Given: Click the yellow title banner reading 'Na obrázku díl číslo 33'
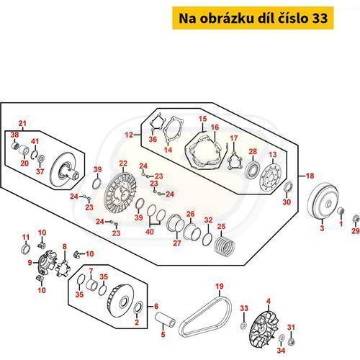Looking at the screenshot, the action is click(253, 18).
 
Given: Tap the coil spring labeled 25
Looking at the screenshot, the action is click(224, 246).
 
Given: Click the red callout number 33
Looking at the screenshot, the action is click(244, 308).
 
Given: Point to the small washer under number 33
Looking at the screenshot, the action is click(243, 325).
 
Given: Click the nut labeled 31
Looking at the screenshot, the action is click(291, 342).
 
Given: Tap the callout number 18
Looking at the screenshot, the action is click(310, 176).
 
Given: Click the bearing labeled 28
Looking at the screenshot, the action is click(252, 170).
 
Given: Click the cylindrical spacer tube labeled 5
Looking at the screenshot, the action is click(165, 318).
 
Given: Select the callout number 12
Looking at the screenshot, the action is click(129, 135).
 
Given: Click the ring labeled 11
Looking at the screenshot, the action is click(26, 250).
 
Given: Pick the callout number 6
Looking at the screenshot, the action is click(156, 306).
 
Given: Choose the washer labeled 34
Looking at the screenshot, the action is click(281, 338).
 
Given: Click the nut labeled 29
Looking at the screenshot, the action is click(356, 219).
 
